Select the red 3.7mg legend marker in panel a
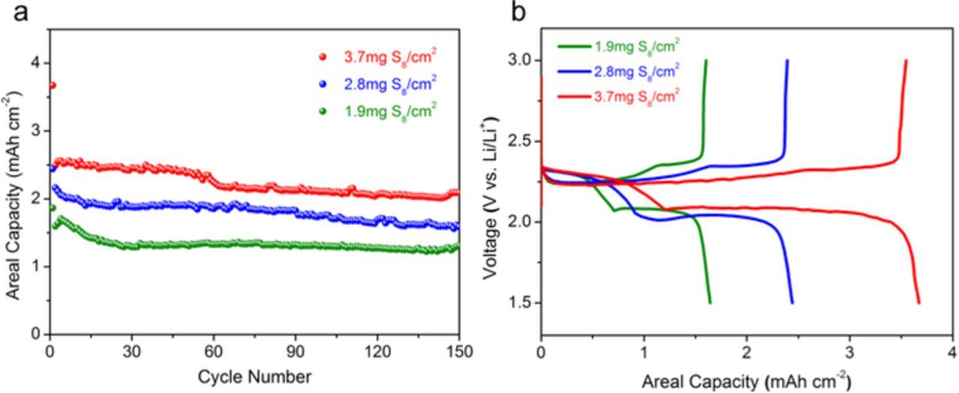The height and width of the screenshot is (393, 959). point(323,57)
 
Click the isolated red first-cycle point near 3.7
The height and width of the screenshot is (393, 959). point(52,85)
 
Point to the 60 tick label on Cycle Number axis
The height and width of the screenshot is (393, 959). point(214,350)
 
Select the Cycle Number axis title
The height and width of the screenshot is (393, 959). point(255,376)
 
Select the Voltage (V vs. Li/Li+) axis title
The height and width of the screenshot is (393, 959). point(491,197)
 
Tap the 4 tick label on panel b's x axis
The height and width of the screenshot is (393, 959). point(952,350)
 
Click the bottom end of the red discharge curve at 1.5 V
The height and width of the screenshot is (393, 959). point(919,302)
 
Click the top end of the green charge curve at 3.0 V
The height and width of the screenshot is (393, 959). point(706,61)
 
